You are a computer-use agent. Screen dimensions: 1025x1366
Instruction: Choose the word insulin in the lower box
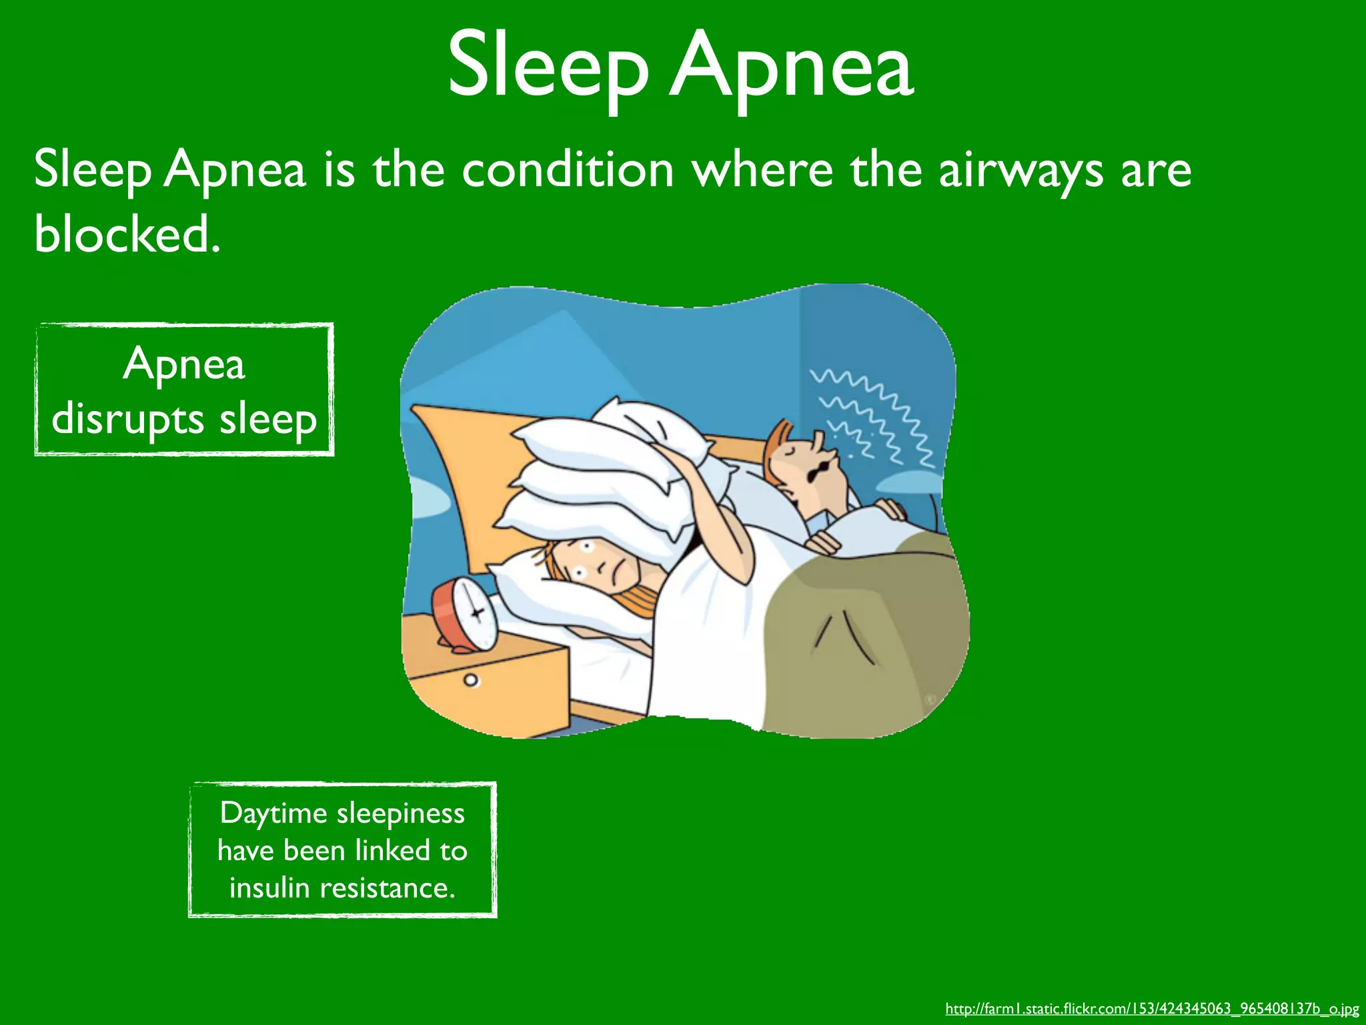tap(269, 888)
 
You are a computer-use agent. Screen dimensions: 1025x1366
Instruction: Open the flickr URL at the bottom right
tap(1152, 1008)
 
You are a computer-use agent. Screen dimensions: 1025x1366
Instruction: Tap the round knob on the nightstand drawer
tap(472, 681)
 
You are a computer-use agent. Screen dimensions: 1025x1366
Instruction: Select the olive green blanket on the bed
tap(867, 641)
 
